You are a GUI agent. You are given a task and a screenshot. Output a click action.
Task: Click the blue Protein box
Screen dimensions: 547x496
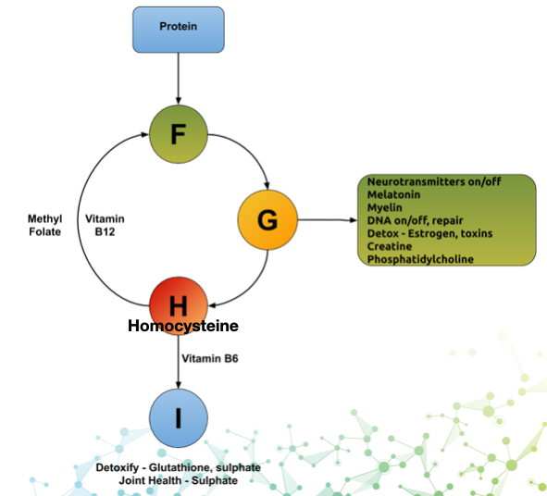click(x=179, y=30)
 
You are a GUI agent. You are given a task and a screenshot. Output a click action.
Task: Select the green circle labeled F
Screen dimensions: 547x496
click(x=179, y=134)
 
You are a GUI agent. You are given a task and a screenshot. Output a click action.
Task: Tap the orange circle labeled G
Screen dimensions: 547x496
click(x=267, y=219)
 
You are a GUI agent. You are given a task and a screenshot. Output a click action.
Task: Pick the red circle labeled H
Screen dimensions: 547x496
click(x=179, y=306)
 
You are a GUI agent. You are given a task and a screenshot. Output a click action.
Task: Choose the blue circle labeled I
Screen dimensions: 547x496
click(x=179, y=418)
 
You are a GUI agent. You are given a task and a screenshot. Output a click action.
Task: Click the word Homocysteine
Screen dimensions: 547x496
click(x=183, y=326)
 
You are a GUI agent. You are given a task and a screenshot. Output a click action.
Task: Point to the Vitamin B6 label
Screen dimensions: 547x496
click(x=210, y=358)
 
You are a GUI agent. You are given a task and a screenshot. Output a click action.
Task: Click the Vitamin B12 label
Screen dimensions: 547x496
click(x=105, y=225)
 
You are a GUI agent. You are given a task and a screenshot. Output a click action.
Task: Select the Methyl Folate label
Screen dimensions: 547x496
click(x=45, y=225)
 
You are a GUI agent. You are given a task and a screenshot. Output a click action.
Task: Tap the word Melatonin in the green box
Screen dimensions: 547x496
click(x=393, y=194)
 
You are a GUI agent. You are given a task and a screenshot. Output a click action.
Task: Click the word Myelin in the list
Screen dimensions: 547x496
click(x=384, y=207)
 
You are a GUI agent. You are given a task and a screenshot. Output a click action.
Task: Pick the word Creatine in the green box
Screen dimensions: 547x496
click(x=390, y=246)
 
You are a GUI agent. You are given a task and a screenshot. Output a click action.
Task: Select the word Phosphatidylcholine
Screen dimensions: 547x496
click(x=420, y=259)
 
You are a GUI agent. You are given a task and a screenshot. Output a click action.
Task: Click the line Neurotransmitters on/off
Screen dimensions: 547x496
click(x=434, y=181)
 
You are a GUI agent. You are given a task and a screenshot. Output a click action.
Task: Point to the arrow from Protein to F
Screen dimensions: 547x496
click(x=179, y=79)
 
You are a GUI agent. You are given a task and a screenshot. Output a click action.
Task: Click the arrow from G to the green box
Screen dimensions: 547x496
click(x=328, y=219)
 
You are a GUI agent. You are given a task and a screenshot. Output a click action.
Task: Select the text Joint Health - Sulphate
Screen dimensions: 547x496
click(x=179, y=480)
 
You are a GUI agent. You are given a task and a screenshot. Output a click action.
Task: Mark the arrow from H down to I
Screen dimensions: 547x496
click(x=179, y=362)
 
